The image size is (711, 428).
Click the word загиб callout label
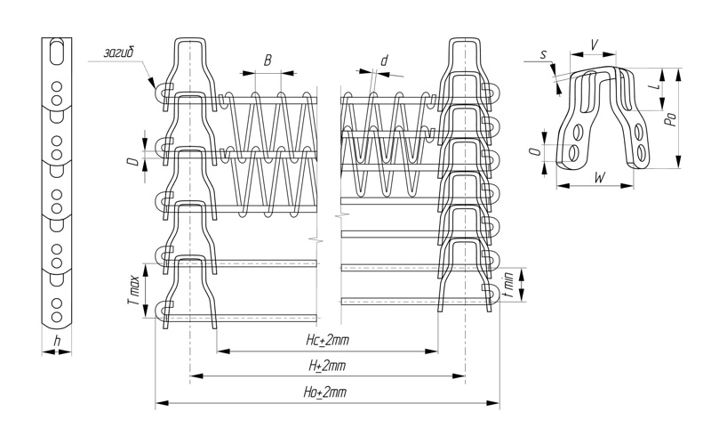click(x=119, y=52)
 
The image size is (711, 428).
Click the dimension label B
click(x=268, y=60)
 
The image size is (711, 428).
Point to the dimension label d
click(x=385, y=60)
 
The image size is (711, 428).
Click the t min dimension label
click(x=509, y=284)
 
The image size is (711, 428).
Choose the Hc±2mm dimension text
click(x=327, y=340)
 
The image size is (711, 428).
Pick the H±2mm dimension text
click(x=327, y=366)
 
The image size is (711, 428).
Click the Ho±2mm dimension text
click(x=324, y=392)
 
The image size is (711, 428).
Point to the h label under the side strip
click(x=57, y=341)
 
